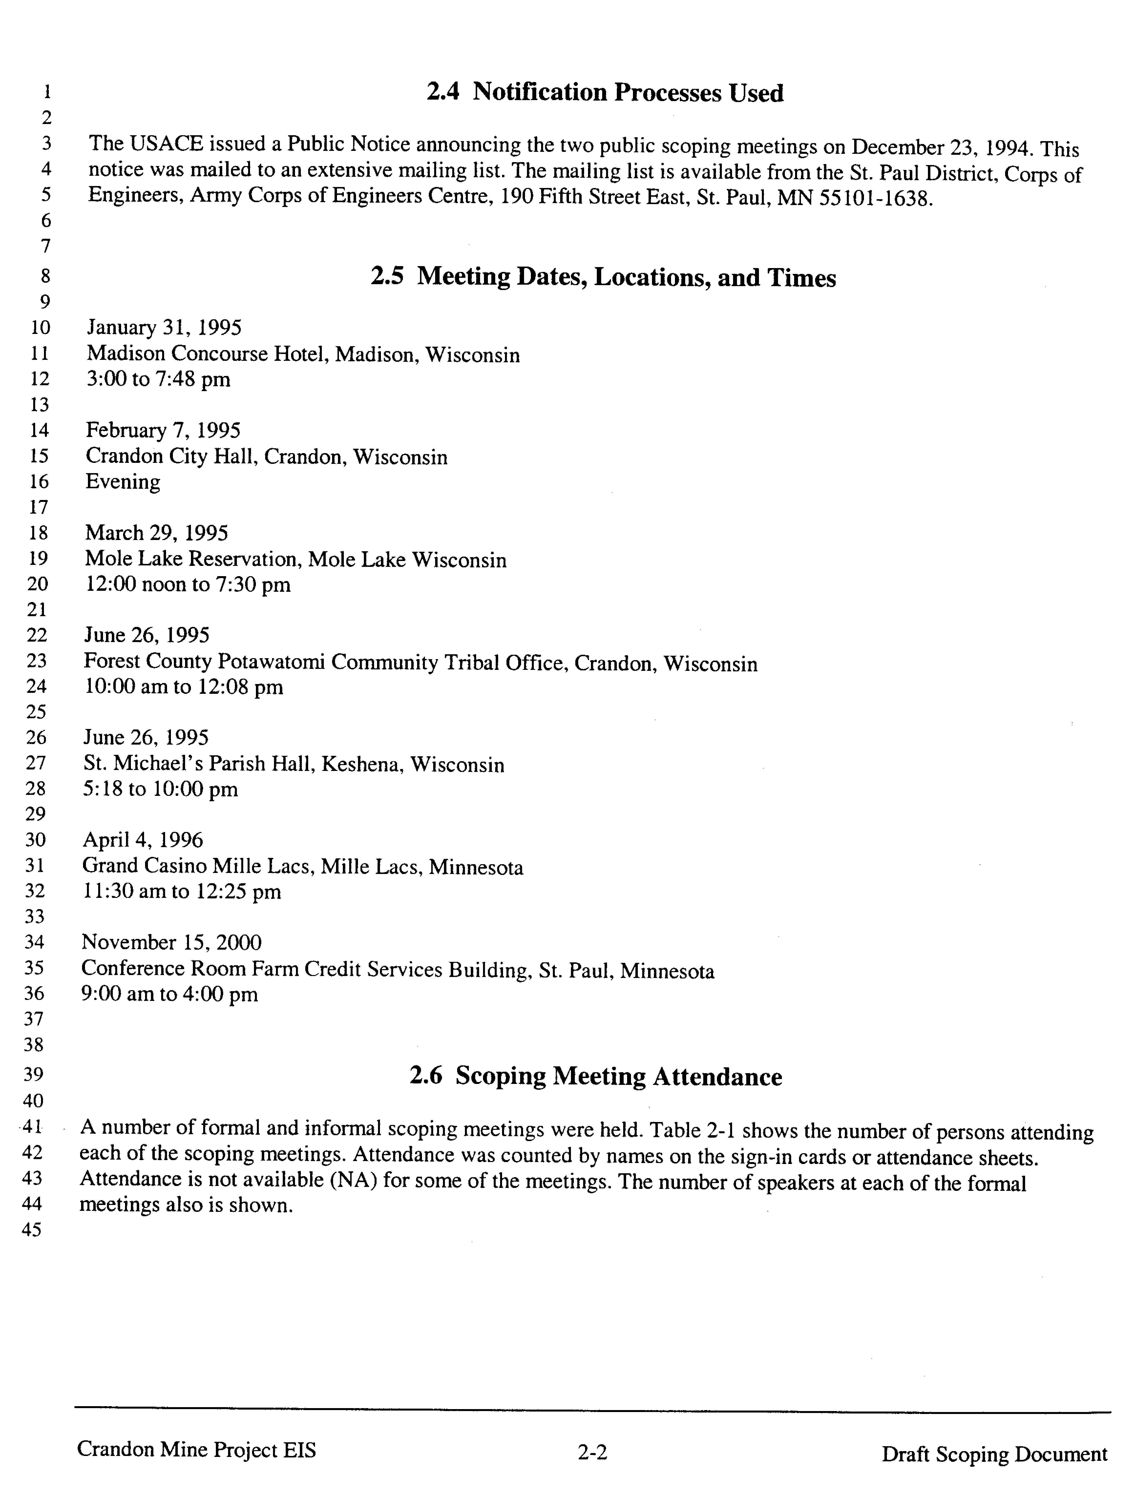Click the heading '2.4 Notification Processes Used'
(605, 93)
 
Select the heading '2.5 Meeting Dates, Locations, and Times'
(603, 277)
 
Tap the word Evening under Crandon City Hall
(123, 482)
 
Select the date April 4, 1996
(143, 840)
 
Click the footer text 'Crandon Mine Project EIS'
(196, 1449)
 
